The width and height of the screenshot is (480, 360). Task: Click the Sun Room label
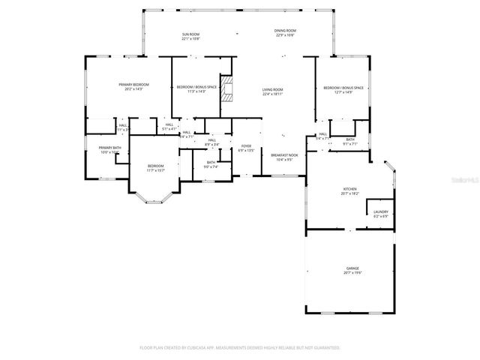(190, 34)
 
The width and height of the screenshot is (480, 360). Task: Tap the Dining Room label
(284, 32)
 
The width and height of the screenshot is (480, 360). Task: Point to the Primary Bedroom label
(133, 85)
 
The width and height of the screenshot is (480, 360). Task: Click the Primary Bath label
(109, 148)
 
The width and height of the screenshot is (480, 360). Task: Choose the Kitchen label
(349, 189)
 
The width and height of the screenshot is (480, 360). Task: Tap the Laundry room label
(380, 212)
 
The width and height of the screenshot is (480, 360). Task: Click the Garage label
(352, 268)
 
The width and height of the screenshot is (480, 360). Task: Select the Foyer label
(246, 146)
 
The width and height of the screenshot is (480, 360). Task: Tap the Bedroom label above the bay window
(155, 166)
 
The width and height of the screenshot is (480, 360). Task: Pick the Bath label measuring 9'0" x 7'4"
(211, 163)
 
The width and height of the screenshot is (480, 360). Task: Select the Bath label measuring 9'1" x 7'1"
(350, 139)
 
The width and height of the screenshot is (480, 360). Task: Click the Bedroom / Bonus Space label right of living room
(343, 88)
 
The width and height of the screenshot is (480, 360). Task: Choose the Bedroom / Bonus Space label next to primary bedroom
(196, 88)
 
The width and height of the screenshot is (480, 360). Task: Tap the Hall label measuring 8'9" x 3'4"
(212, 140)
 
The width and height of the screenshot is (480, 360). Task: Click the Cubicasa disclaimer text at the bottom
(240, 347)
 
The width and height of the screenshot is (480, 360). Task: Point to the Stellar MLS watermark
(464, 181)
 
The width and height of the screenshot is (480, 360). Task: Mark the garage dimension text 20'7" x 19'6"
(352, 272)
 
